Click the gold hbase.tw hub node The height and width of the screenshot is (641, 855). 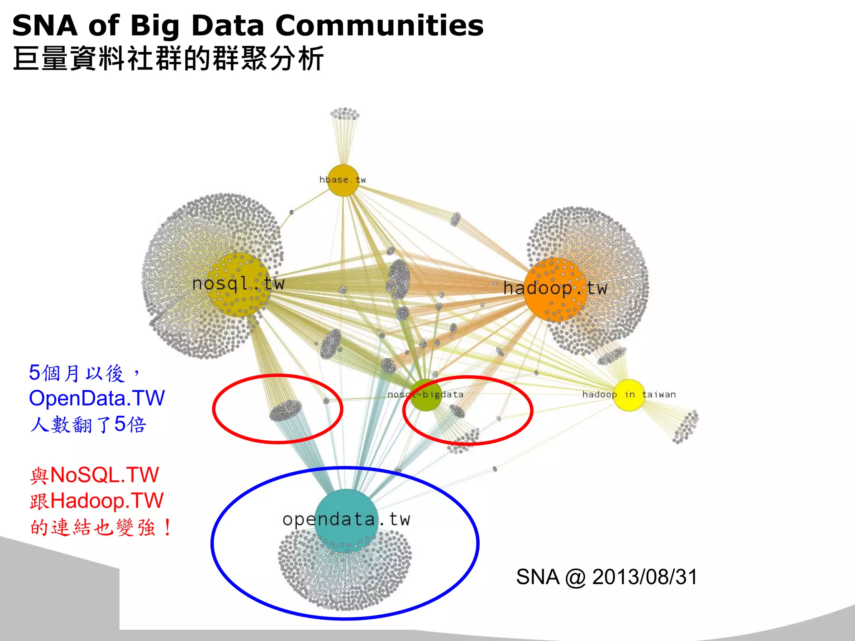(343, 180)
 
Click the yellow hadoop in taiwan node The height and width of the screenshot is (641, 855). (629, 395)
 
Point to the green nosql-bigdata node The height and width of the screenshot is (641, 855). (425, 395)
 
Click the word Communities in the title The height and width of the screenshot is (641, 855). (379, 26)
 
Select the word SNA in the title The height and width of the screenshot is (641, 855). (45, 26)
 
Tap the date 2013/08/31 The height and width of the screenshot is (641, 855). (645, 577)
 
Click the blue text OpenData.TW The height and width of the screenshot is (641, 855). (97, 398)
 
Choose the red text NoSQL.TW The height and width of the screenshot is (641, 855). (104, 475)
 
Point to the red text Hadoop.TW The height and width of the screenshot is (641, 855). (107, 501)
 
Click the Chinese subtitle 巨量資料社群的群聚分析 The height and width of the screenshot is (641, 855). (168, 59)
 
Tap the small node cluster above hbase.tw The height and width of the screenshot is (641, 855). (344, 114)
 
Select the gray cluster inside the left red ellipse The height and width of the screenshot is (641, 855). (286, 410)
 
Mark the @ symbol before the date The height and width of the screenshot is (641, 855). (576, 578)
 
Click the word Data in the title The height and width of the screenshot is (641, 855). (228, 26)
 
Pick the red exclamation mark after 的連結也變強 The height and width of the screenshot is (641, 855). (167, 528)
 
